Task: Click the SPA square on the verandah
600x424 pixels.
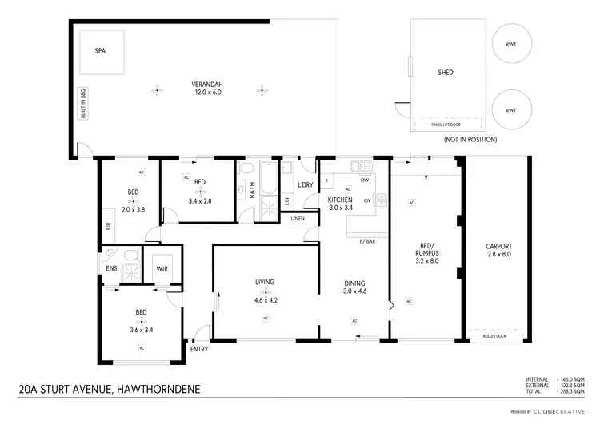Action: point(100,52)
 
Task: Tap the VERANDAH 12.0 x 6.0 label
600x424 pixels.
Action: point(206,88)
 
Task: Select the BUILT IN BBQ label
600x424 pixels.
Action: point(82,104)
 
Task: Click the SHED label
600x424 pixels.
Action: point(446,73)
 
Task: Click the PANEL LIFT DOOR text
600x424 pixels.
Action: point(446,124)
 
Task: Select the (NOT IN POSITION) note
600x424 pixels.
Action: point(470,140)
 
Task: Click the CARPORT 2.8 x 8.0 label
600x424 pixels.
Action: point(498,250)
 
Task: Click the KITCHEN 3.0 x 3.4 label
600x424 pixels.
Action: point(346,203)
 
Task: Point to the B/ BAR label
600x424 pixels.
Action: point(367,241)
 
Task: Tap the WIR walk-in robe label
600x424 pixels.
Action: point(162,268)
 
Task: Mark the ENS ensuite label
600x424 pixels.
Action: point(111,268)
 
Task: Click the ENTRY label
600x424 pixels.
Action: point(198,349)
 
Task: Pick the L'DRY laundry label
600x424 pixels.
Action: point(305,185)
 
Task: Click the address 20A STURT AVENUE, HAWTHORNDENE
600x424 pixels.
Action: point(110,390)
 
